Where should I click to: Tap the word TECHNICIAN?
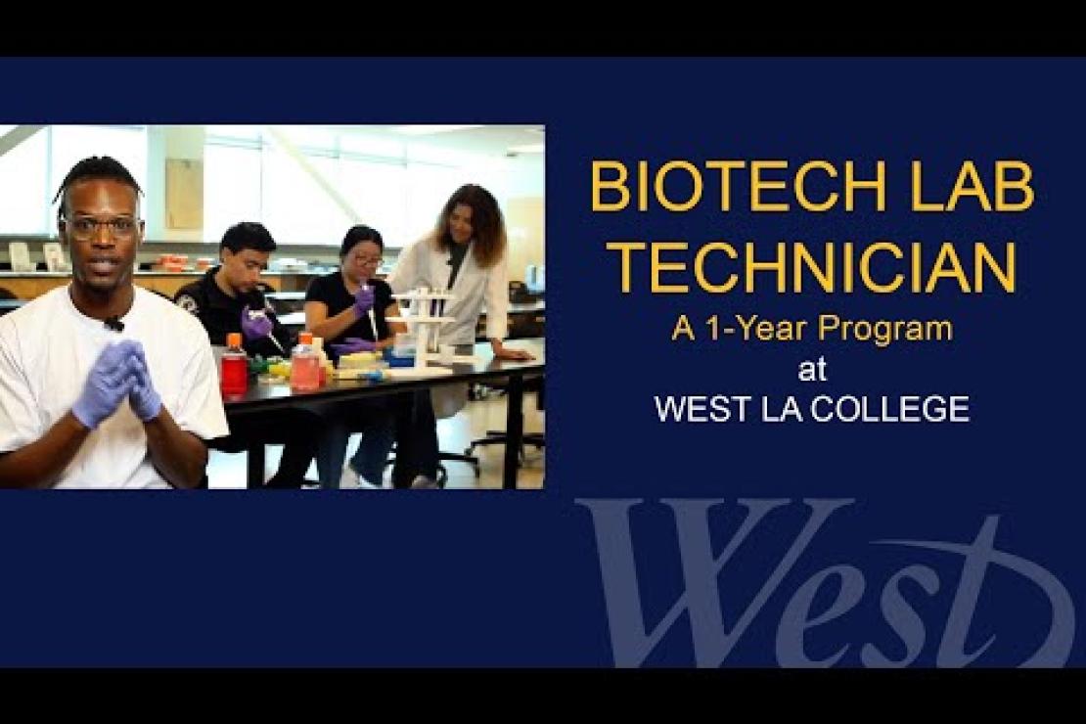click(814, 266)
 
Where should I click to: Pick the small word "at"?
click(812, 369)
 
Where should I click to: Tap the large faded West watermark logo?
click(824, 583)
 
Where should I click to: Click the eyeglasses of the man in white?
click(103, 227)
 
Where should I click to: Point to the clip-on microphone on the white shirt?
click(113, 323)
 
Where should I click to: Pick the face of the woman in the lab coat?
click(459, 222)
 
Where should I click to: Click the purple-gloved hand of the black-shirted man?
click(256, 322)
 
